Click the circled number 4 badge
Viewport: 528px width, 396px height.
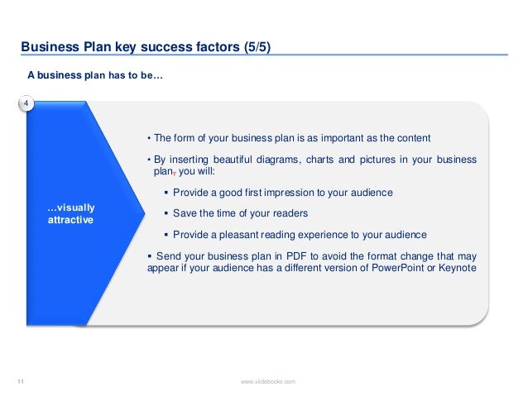(26, 103)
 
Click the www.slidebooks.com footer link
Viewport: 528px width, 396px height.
(267, 380)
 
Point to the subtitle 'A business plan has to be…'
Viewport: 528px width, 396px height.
(95, 75)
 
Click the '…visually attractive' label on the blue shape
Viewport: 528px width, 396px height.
(70, 215)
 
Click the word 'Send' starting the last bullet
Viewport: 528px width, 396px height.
(168, 256)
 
